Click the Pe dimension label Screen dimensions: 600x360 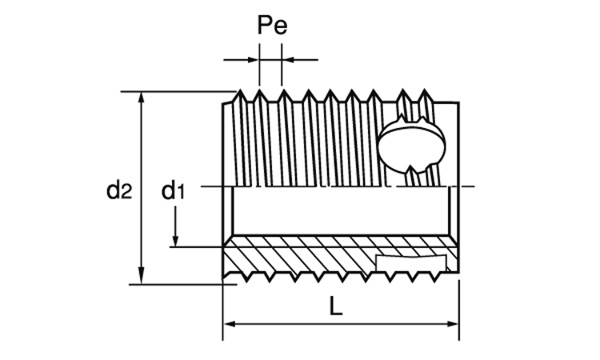[272, 26]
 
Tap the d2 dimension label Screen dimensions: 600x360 [119, 190]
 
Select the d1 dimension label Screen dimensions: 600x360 [173, 190]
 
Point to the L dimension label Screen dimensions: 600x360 [335, 306]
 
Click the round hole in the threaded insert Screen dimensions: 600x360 [412, 146]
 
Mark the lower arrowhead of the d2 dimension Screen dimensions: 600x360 [142, 275]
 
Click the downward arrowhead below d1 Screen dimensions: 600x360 [175, 240]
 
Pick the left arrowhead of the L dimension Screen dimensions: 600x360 [230, 324]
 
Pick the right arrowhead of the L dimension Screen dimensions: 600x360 [452, 324]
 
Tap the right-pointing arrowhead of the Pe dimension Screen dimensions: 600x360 [253, 60]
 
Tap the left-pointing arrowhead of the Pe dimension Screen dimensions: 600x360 [288, 60]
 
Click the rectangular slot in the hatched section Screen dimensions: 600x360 [411, 262]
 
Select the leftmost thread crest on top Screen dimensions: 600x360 [240, 90]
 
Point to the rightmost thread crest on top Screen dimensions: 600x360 [424, 90]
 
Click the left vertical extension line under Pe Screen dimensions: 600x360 [259, 65]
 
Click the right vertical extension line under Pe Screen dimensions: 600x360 [282, 65]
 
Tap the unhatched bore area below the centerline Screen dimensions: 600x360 [341, 210]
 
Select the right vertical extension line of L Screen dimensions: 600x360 [459, 310]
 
